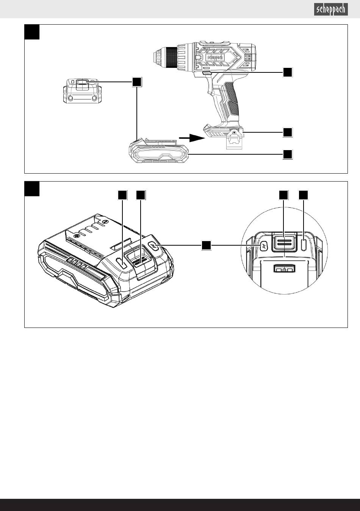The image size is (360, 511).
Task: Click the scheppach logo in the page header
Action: (x=330, y=9)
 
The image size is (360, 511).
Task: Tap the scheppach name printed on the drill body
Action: (x=215, y=57)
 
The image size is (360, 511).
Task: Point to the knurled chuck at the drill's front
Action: (x=170, y=58)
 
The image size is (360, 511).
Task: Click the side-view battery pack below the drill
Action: (x=159, y=152)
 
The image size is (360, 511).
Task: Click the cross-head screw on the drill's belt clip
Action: (x=235, y=132)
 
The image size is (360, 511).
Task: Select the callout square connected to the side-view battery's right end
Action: (x=288, y=154)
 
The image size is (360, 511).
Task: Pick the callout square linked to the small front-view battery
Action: (x=137, y=82)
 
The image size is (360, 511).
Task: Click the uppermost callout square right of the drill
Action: (x=288, y=72)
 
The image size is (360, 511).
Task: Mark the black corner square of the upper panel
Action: (x=32, y=32)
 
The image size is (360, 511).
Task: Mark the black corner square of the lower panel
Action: (x=32, y=189)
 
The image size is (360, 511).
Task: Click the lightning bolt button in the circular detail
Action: (x=264, y=246)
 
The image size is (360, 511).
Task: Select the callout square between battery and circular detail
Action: (x=206, y=245)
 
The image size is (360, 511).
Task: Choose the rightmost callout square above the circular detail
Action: (x=303, y=195)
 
